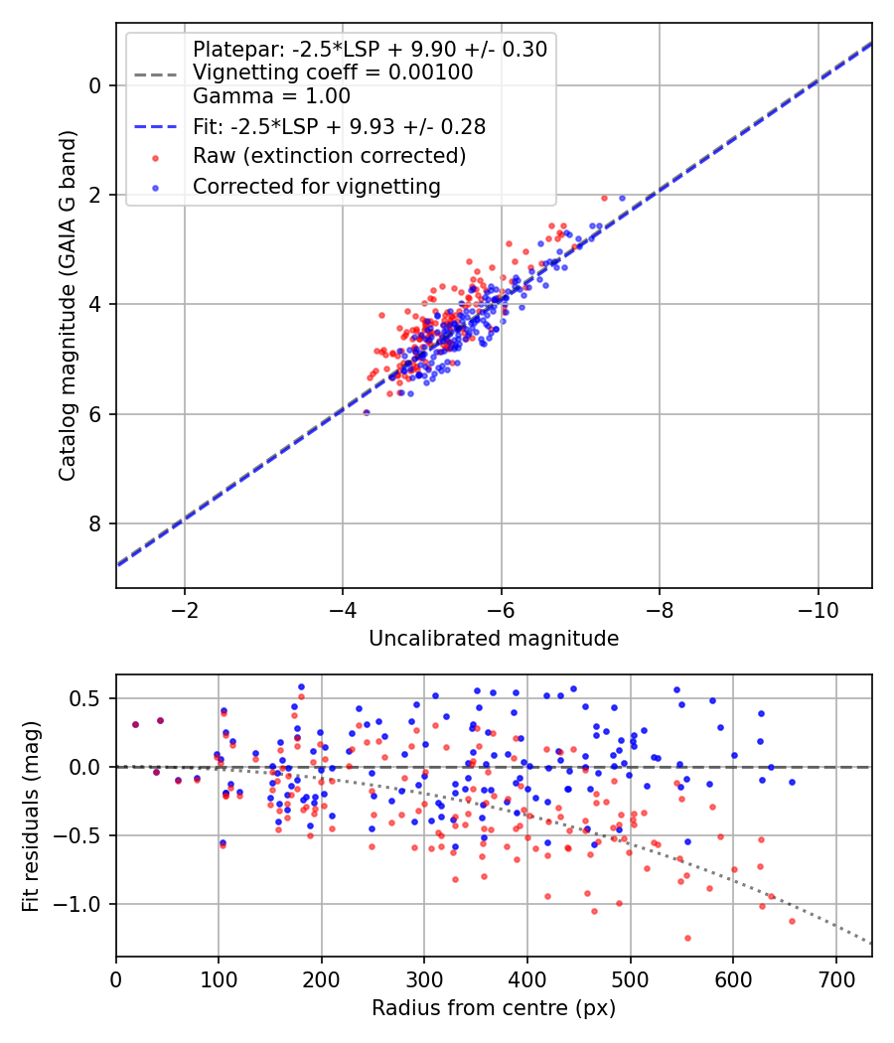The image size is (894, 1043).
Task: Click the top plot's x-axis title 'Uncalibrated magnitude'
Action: coord(494,639)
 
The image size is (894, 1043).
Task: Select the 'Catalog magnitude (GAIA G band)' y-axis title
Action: coord(68,305)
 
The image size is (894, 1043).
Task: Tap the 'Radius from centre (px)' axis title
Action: coord(494,1008)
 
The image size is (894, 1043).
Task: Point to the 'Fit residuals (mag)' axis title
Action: coord(31,817)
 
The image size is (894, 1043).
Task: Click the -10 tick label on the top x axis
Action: coord(818,610)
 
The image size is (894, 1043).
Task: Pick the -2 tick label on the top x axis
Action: coord(184,610)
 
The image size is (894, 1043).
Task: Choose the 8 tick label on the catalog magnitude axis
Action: coord(94,524)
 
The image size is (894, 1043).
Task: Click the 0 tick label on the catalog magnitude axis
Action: coord(94,85)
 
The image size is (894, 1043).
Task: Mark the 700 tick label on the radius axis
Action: coord(836,979)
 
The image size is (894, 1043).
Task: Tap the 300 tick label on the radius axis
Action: coord(425,979)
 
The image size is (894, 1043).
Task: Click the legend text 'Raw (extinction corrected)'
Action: coord(329,156)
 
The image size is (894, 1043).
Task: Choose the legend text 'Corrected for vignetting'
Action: coord(317,187)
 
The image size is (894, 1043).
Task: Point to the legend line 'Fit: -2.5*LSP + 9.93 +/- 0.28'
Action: coord(340,126)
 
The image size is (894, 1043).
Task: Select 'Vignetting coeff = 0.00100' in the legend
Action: coord(333,73)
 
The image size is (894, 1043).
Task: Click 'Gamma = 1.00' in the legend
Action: coord(271,96)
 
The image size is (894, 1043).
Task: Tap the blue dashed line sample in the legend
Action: coord(156,126)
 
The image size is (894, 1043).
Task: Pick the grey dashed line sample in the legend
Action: coord(156,74)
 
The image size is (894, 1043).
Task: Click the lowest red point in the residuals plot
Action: coord(687,939)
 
